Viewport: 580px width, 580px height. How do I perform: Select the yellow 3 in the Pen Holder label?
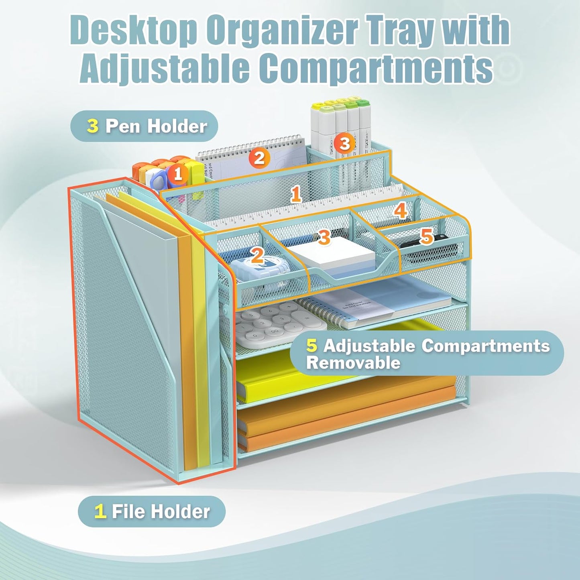93,126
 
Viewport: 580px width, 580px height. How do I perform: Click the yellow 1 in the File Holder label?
100,511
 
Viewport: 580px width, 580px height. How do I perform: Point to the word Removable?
353,363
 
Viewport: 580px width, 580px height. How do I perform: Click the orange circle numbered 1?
178,174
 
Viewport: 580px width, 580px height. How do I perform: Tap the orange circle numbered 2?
259,158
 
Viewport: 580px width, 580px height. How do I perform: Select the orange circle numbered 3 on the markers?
344,143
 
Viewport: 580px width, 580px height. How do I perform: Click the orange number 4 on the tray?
400,210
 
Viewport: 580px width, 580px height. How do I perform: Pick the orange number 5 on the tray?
426,237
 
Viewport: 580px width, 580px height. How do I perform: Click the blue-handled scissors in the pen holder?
158,179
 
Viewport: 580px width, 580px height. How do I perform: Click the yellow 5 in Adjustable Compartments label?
311,346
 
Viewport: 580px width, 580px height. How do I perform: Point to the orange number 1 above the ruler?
296,194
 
